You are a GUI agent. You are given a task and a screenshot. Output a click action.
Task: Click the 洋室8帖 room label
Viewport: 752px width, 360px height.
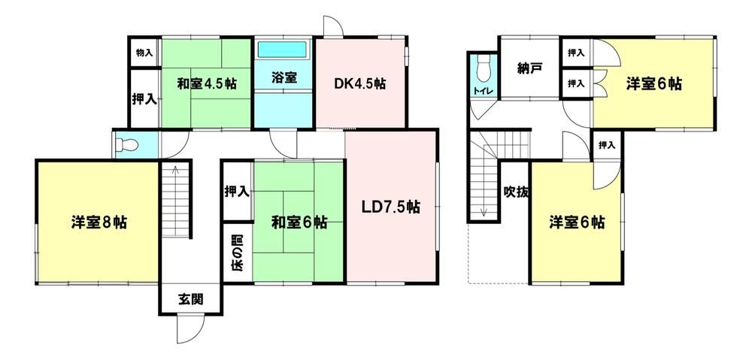(x=99, y=222)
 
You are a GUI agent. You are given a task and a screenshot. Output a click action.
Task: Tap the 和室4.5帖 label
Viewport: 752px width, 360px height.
(x=207, y=84)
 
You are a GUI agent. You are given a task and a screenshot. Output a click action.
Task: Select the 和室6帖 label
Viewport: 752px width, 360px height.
(x=300, y=222)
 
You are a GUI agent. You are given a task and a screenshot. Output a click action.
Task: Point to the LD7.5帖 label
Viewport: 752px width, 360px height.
(x=391, y=207)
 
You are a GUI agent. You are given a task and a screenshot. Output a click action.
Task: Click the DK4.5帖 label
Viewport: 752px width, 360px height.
(x=360, y=84)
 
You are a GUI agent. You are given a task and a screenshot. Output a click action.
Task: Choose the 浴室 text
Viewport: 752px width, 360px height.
(x=284, y=77)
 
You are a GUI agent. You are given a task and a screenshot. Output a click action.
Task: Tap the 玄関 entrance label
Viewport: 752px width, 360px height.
(x=191, y=300)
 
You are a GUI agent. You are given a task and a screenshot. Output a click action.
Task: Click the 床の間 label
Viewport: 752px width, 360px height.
(x=238, y=252)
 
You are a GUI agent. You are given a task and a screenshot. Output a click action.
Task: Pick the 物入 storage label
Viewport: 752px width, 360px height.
(x=144, y=53)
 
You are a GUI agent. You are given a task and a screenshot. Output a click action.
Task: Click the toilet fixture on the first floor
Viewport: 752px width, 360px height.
(x=126, y=145)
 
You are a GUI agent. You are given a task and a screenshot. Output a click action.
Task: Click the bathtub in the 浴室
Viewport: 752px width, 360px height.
(x=283, y=50)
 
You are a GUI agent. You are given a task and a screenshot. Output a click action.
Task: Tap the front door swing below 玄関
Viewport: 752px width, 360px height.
(x=190, y=329)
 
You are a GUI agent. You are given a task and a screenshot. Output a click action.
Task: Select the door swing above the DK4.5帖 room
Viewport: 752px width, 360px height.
(x=334, y=26)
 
